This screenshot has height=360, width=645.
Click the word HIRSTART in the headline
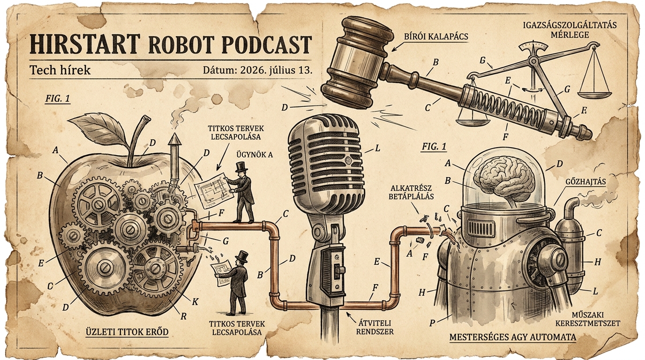pyautogui.click(x=85, y=44)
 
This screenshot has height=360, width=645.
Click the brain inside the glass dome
pyautogui.click(x=505, y=179)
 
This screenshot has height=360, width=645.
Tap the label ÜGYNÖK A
pyautogui.click(x=255, y=155)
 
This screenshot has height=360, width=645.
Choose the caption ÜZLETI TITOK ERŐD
pyautogui.click(x=127, y=331)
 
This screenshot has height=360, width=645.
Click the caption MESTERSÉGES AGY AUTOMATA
pyautogui.click(x=512, y=337)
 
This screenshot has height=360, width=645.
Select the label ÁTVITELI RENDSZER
pyautogui.click(x=375, y=327)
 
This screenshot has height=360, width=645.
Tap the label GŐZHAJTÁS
pyautogui.click(x=585, y=182)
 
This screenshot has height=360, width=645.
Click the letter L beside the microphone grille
pyautogui.click(x=377, y=149)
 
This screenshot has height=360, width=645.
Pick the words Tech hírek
pyautogui.click(x=60, y=70)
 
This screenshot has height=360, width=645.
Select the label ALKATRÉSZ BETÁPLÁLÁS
pyautogui.click(x=411, y=192)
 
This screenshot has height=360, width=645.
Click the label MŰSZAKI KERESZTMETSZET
pyautogui.click(x=587, y=319)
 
